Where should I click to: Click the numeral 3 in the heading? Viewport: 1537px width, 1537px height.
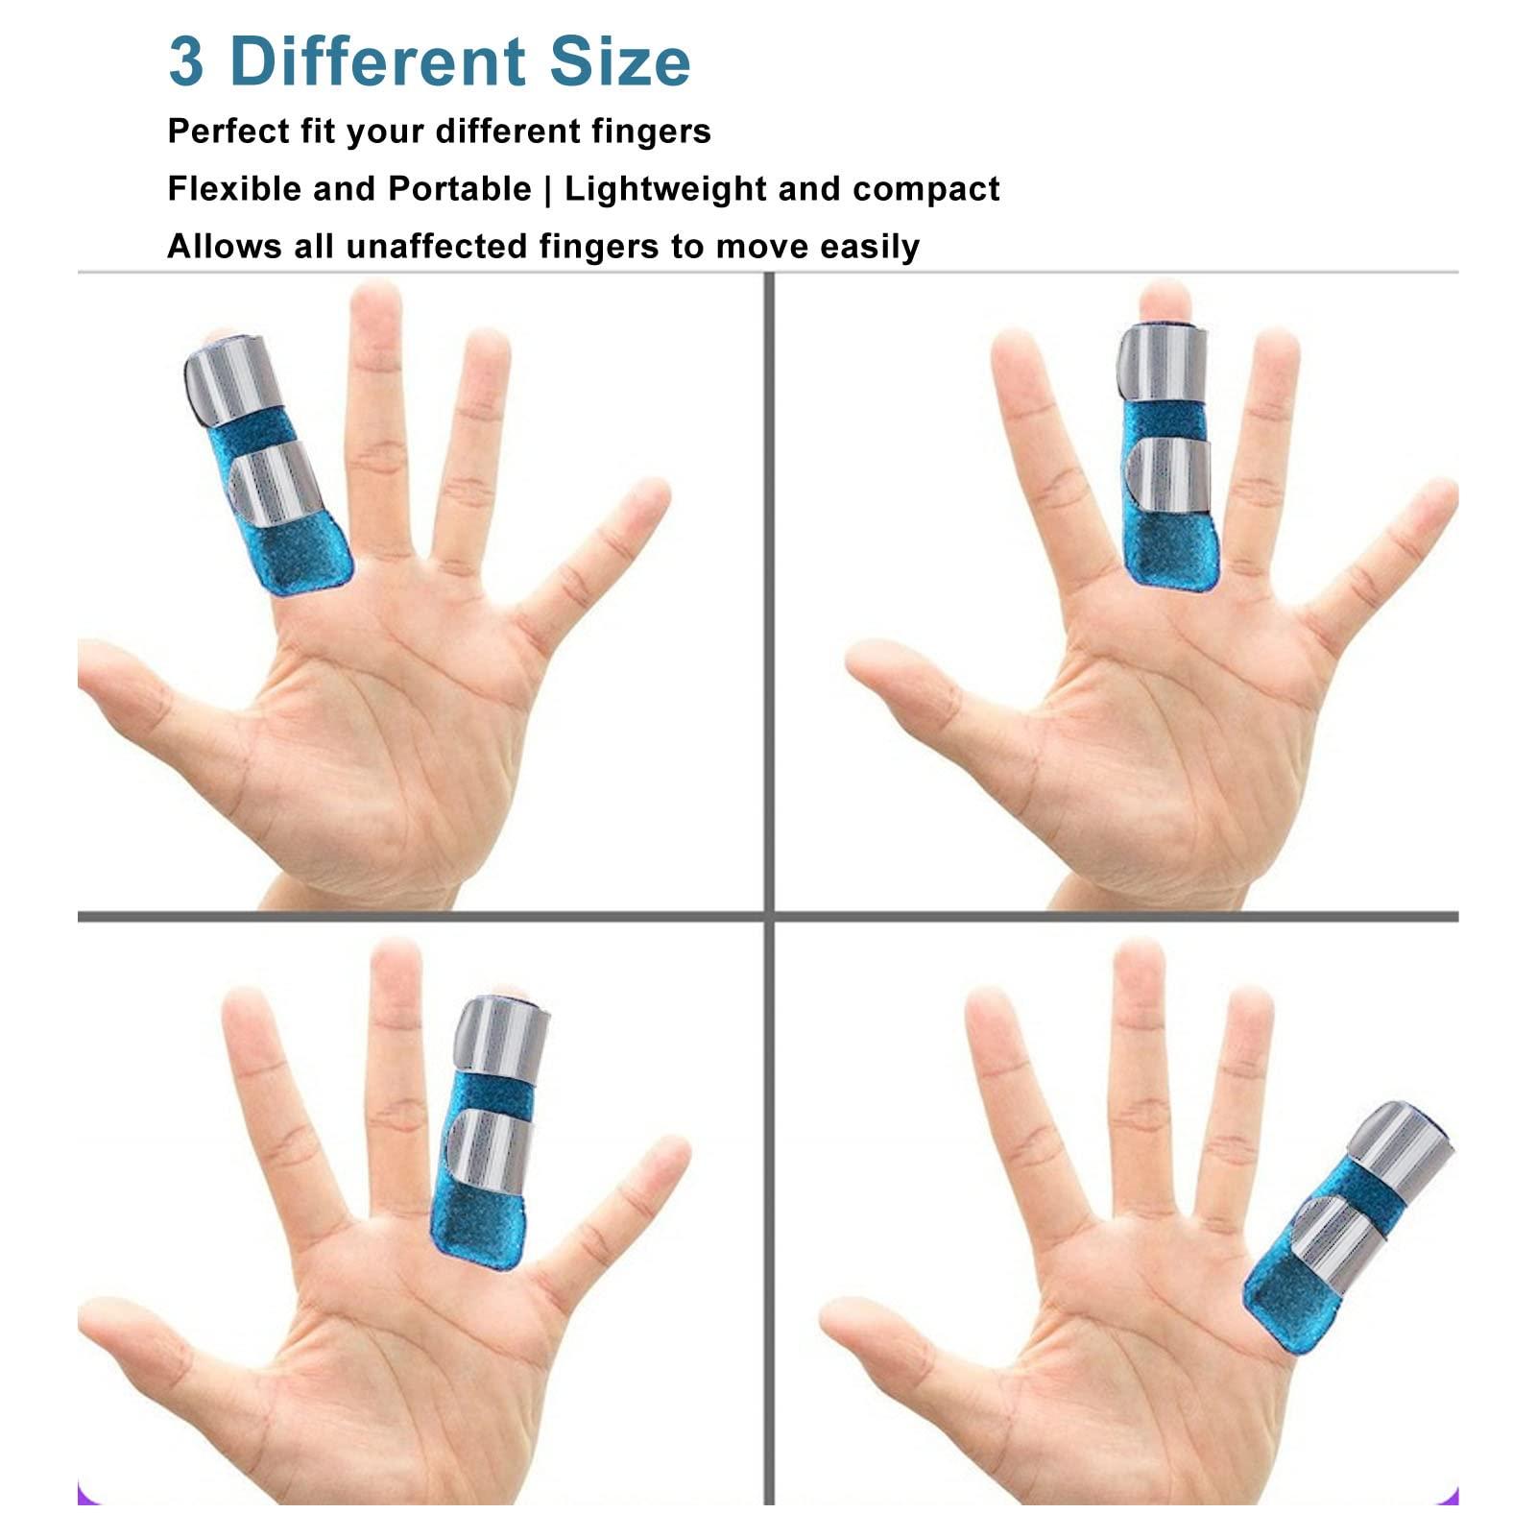[186, 61]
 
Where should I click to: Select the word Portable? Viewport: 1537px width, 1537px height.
[459, 188]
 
